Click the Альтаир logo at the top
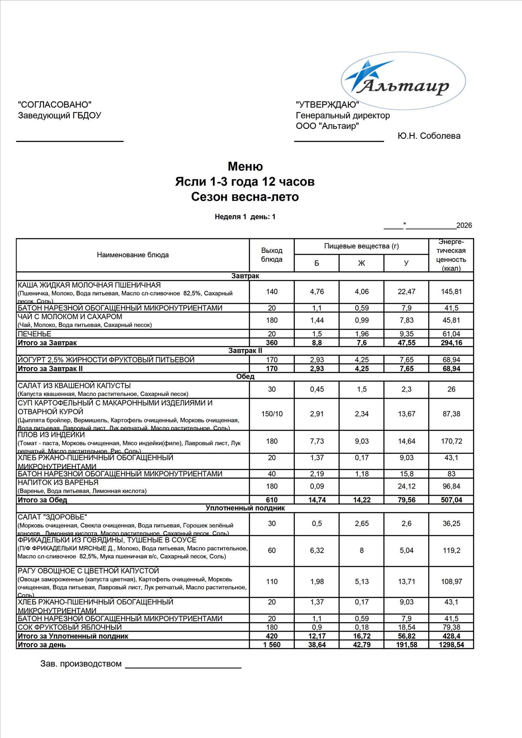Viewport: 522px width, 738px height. [x=403, y=81]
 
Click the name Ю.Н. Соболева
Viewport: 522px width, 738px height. [x=429, y=136]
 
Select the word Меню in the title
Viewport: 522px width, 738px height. [x=245, y=167]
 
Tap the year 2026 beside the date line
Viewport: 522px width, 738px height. [x=464, y=225]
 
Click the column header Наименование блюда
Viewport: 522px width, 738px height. [x=133, y=255]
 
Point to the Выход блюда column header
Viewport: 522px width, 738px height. [x=272, y=255]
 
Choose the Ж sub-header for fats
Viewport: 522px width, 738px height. [x=361, y=263]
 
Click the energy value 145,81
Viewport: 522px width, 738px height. [x=451, y=292]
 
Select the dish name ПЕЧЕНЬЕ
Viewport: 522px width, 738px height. [x=34, y=334]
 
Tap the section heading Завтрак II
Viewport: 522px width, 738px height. [x=245, y=351]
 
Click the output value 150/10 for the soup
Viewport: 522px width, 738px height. [x=272, y=414]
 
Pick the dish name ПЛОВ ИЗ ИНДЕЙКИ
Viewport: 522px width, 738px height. [x=51, y=435]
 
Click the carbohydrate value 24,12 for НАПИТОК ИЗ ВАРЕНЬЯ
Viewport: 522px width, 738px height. [x=406, y=486]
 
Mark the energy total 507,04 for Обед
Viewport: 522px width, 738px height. [x=451, y=500]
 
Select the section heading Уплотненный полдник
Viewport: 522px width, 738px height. [x=245, y=508]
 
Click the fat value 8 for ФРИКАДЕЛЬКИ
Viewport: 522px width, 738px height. [x=361, y=550]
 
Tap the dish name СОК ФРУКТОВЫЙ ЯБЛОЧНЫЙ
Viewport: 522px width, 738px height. [x=70, y=627]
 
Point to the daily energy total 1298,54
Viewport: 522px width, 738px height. [x=451, y=644]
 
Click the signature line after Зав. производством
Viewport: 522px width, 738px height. [x=183, y=667]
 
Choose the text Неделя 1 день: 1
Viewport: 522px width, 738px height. [x=245, y=217]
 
